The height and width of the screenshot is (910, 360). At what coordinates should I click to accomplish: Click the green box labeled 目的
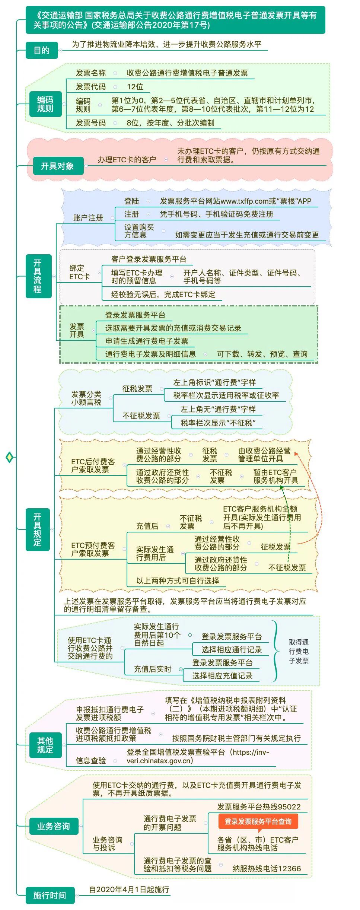[41, 50]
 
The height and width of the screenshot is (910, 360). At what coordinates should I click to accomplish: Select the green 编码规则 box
[45, 104]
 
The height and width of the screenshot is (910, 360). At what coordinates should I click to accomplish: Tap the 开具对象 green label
[57, 166]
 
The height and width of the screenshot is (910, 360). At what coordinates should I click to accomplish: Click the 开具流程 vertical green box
[38, 276]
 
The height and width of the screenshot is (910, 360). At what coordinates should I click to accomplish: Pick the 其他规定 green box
[45, 745]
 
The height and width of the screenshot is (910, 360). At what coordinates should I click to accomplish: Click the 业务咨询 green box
[53, 826]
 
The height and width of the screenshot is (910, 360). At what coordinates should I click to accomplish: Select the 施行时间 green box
[50, 895]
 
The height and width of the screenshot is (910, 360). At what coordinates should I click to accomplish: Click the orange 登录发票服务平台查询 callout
[258, 821]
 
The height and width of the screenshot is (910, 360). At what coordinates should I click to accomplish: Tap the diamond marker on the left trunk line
[10, 457]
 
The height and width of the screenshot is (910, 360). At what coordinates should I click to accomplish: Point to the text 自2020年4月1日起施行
[129, 889]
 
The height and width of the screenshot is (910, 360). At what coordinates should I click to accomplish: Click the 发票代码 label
[91, 87]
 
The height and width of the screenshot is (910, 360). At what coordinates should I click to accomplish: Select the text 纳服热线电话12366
[267, 868]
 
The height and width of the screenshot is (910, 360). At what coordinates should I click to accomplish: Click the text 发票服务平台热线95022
[259, 806]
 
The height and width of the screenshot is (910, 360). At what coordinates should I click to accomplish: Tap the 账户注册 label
[88, 218]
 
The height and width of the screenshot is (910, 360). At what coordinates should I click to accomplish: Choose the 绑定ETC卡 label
[79, 272]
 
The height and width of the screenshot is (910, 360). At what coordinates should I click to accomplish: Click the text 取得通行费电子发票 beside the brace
[299, 651]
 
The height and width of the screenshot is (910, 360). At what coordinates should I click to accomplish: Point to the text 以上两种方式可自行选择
[178, 580]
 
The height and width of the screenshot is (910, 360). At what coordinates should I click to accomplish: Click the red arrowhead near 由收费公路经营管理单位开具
[296, 454]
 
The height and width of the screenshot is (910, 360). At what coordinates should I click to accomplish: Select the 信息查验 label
[91, 760]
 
